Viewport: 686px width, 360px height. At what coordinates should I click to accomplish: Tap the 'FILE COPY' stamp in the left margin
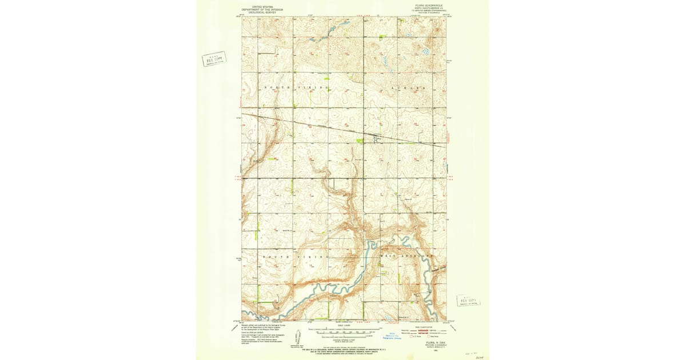[x=214, y=58]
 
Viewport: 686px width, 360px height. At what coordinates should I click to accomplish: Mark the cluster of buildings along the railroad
[x=374, y=137]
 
